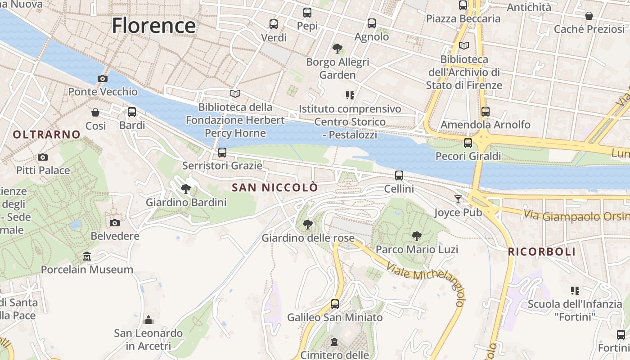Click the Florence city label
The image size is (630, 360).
(x=153, y=25)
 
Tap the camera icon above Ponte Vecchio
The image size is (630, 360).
(x=103, y=78)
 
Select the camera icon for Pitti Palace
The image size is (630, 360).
(x=43, y=157)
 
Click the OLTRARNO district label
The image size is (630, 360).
(x=46, y=134)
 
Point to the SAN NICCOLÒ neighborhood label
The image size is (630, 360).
(x=274, y=188)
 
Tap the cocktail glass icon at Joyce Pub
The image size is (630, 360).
(x=458, y=199)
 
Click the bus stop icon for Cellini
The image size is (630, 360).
(x=399, y=175)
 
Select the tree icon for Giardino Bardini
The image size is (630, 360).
(x=185, y=189)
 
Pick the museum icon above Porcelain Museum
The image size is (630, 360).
(x=87, y=256)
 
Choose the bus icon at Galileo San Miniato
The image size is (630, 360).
(x=335, y=304)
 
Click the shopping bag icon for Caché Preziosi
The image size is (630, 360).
(x=589, y=16)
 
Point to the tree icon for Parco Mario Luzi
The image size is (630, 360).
(x=417, y=236)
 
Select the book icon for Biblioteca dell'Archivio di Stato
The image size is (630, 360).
(x=464, y=45)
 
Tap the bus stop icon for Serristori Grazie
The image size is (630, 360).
(x=222, y=153)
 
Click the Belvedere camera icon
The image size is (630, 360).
(x=115, y=223)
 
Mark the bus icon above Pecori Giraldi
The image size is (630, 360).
(x=468, y=143)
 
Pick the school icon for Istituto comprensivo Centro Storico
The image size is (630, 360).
(x=350, y=95)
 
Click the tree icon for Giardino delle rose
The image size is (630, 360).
(x=308, y=224)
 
